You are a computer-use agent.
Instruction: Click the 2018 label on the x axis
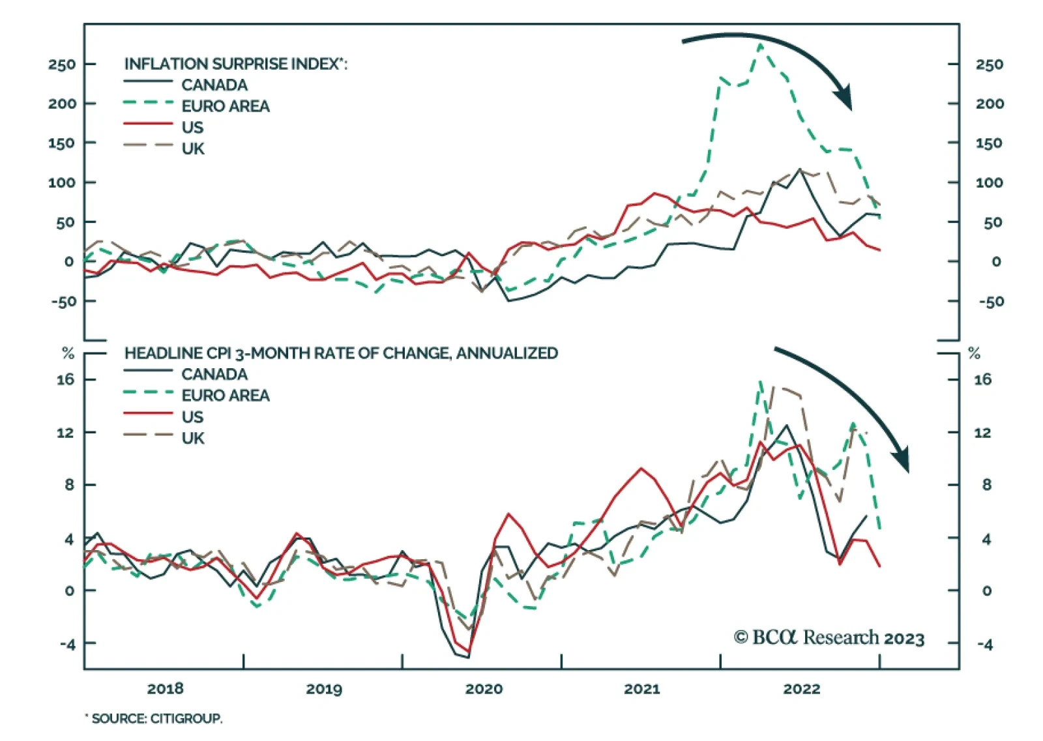click(165, 689)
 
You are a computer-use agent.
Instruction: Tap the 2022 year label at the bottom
click(801, 689)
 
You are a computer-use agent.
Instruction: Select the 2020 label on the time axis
click(484, 689)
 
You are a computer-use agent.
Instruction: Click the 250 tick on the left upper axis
click(62, 65)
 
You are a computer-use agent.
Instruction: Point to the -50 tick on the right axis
click(991, 302)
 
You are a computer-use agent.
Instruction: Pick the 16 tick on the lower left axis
click(65, 379)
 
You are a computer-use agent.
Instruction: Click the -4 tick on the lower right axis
click(984, 645)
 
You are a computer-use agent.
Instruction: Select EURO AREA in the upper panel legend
click(225, 106)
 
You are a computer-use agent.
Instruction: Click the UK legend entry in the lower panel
click(193, 438)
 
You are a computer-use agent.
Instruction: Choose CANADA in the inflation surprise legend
click(214, 85)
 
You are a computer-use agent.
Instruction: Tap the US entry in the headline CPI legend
click(192, 416)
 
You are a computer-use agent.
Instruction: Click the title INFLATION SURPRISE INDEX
click(235, 64)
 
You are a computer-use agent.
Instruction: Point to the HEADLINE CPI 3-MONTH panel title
click(341, 353)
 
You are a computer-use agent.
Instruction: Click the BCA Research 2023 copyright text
click(829, 637)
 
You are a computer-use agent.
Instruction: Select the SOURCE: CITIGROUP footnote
click(154, 718)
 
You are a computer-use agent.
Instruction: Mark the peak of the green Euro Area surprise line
click(760, 44)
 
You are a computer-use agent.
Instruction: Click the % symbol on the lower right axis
click(974, 353)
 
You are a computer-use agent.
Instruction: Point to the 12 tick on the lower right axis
click(982, 433)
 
